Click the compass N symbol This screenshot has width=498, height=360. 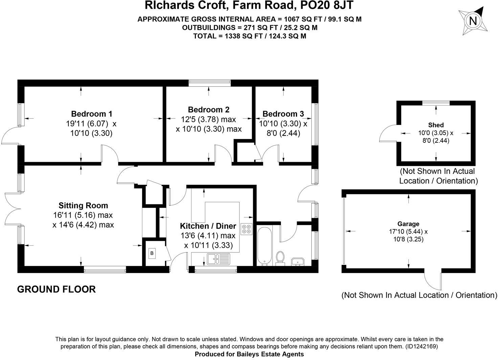[x=473, y=21]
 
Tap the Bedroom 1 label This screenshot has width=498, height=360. [x=91, y=114]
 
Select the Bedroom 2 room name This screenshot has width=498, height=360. [x=208, y=110]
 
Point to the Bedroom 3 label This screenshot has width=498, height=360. [x=283, y=114]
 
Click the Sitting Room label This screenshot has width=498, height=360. [x=83, y=205]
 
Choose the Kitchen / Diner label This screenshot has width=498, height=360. [x=208, y=226]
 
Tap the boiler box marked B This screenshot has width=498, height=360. [x=152, y=253]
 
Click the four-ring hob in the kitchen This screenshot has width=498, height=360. [x=246, y=229]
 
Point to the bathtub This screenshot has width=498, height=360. [x=264, y=246]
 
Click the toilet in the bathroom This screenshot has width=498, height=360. [x=280, y=258]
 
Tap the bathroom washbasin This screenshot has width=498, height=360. [x=298, y=261]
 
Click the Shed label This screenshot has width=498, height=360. [x=436, y=125]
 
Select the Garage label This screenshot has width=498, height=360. [x=408, y=224]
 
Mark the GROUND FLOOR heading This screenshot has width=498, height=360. [x=56, y=289]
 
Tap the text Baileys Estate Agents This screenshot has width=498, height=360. [x=270, y=354]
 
